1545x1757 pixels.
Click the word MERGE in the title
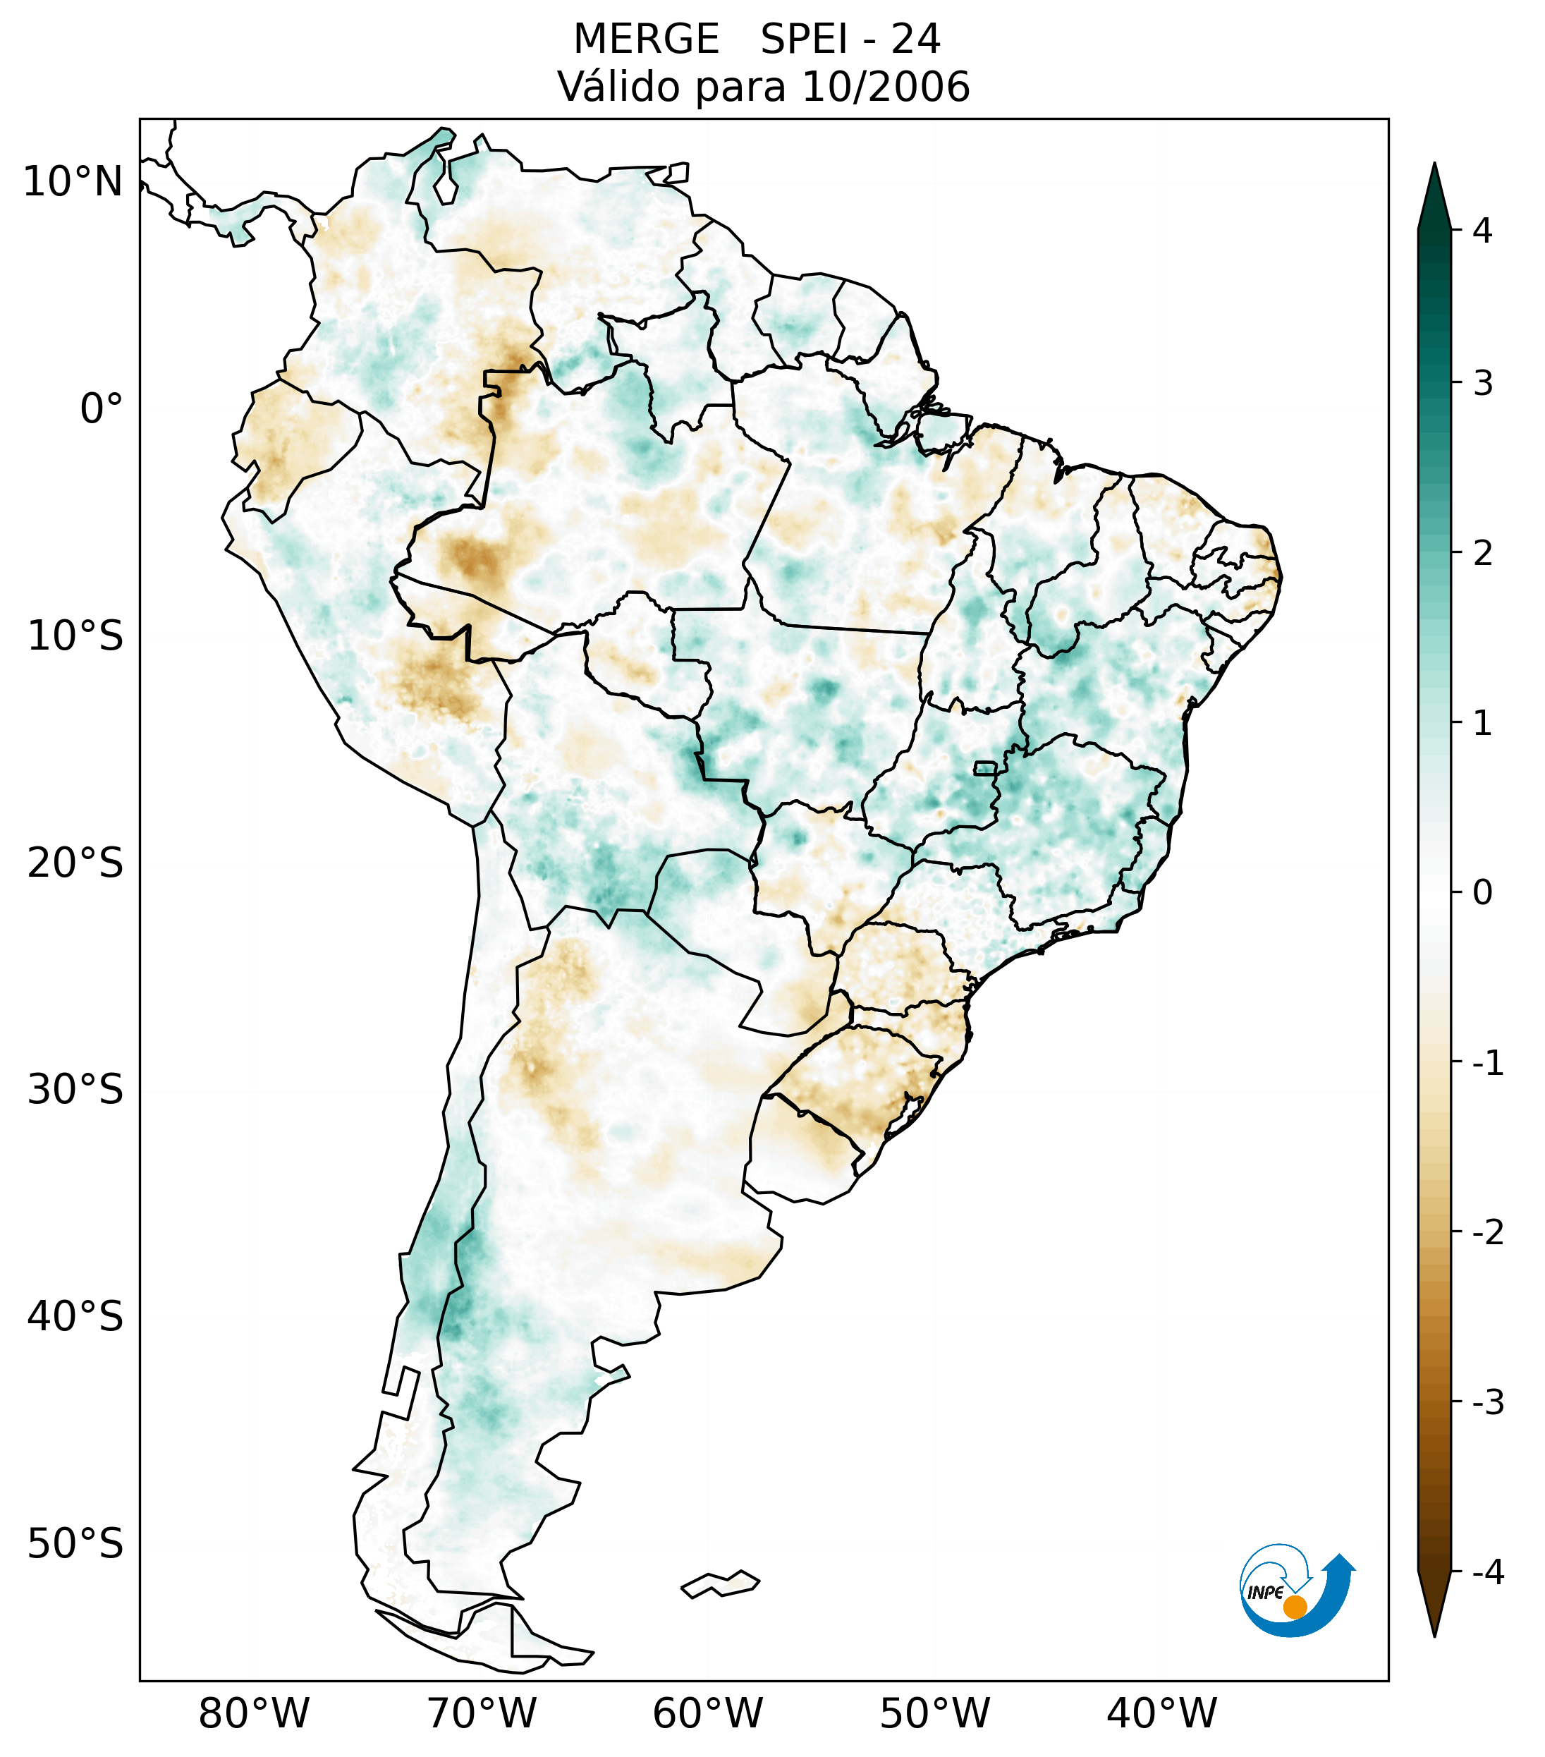(x=645, y=39)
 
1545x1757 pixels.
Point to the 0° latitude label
(x=102, y=409)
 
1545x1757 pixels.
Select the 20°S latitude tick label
(x=75, y=863)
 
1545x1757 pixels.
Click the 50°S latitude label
(x=75, y=1545)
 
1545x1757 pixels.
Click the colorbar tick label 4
(x=1482, y=231)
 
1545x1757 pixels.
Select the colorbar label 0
(x=1482, y=893)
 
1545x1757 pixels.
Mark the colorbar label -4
(x=1487, y=1573)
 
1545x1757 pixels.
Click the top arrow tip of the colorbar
(x=1434, y=165)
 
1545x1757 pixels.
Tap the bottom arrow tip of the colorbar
(x=1434, y=1635)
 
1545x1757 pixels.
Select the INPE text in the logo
(x=1265, y=1593)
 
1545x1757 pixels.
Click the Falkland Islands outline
(x=720, y=1584)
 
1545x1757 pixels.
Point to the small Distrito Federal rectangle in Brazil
(x=986, y=767)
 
